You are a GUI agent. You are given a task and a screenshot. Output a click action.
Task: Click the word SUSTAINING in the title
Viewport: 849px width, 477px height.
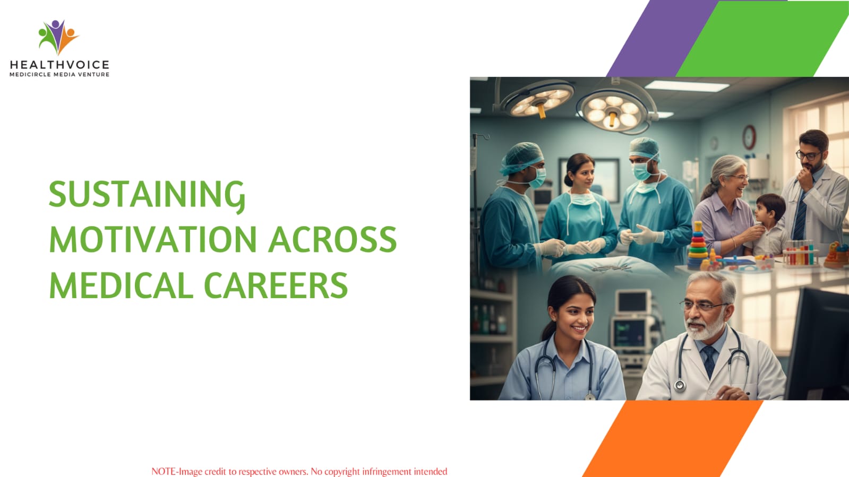(147, 195)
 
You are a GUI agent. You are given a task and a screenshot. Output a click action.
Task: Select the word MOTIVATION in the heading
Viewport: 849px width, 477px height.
(153, 239)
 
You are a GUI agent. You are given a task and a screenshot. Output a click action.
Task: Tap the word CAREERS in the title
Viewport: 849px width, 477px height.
(276, 285)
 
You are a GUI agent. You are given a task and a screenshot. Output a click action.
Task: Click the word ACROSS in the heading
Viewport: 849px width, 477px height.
(332, 239)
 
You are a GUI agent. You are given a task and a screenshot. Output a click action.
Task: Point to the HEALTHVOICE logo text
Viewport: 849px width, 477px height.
(59, 65)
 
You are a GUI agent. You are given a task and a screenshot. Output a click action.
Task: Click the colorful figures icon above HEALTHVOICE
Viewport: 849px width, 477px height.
(58, 37)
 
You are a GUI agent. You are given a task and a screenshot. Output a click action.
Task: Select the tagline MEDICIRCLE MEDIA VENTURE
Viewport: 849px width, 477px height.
(59, 75)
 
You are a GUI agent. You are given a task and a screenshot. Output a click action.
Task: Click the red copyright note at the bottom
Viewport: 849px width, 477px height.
(299, 471)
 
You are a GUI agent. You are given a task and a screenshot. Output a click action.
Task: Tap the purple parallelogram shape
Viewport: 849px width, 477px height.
(662, 38)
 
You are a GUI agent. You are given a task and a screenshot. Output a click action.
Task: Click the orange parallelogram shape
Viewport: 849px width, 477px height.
(673, 438)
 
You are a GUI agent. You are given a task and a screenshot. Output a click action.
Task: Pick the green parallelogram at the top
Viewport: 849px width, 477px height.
(762, 38)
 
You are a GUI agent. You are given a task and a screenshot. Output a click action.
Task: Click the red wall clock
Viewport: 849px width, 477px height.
(749, 137)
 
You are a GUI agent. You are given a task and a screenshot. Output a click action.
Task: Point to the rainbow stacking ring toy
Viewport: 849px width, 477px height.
(698, 245)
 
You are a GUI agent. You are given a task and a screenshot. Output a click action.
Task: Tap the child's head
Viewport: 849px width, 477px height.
(769, 209)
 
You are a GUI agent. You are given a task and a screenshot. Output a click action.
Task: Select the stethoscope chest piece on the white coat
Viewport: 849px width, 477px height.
(680, 386)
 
